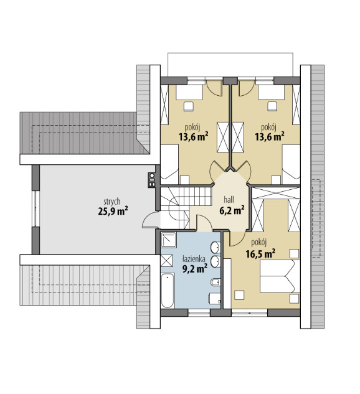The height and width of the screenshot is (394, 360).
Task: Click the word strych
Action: [112, 202]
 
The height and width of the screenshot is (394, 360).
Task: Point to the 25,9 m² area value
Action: [113, 211]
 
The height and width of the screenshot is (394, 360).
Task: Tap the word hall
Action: [229, 200]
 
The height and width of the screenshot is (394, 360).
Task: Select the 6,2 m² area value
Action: [232, 210]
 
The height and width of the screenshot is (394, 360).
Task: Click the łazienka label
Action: [194, 258]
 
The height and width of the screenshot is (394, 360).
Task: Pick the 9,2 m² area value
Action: [195, 269]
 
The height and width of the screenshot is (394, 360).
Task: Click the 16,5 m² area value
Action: [260, 254]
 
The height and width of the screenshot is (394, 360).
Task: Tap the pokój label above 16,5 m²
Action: [258, 243]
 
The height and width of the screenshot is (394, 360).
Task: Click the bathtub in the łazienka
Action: [168, 291]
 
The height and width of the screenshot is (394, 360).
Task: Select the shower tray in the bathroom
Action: [168, 240]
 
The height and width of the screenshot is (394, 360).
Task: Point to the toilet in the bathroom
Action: [214, 299]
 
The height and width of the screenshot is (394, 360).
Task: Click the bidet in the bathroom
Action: [216, 283]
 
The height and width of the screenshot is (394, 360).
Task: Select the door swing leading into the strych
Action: [151, 219]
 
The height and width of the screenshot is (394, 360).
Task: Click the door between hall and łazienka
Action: [204, 223]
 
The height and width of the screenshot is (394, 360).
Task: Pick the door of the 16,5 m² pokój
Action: [237, 238]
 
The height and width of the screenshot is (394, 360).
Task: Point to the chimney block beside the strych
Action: [152, 180]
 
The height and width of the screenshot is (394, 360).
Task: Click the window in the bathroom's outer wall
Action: [199, 312]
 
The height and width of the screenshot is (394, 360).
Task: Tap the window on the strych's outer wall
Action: [36, 209]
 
